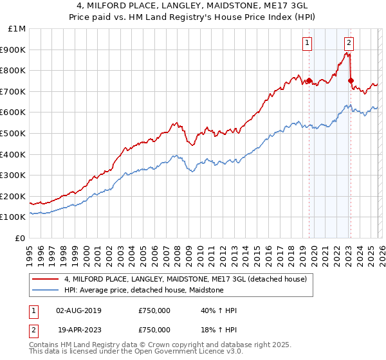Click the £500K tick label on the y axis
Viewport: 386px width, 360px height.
point(14,133)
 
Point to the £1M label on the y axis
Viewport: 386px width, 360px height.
point(17,28)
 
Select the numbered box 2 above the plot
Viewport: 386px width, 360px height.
point(349,43)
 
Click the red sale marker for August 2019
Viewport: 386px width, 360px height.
point(309,81)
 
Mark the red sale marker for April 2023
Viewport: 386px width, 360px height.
point(351,81)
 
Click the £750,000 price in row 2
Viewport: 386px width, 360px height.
point(154,329)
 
